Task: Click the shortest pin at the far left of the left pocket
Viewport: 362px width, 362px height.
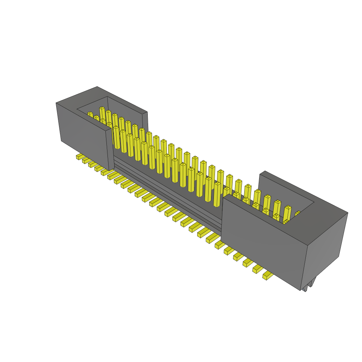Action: click(x=90, y=115)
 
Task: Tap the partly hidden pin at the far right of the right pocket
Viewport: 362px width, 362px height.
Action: click(x=298, y=213)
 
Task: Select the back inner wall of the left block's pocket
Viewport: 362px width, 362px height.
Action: click(x=127, y=110)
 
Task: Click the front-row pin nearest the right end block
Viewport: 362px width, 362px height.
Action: click(x=217, y=194)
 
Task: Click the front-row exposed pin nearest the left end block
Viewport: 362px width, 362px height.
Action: click(x=116, y=138)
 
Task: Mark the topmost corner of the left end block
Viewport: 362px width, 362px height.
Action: click(x=97, y=87)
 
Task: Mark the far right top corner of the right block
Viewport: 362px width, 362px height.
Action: click(x=348, y=213)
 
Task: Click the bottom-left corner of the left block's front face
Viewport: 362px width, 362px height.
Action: click(x=62, y=141)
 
